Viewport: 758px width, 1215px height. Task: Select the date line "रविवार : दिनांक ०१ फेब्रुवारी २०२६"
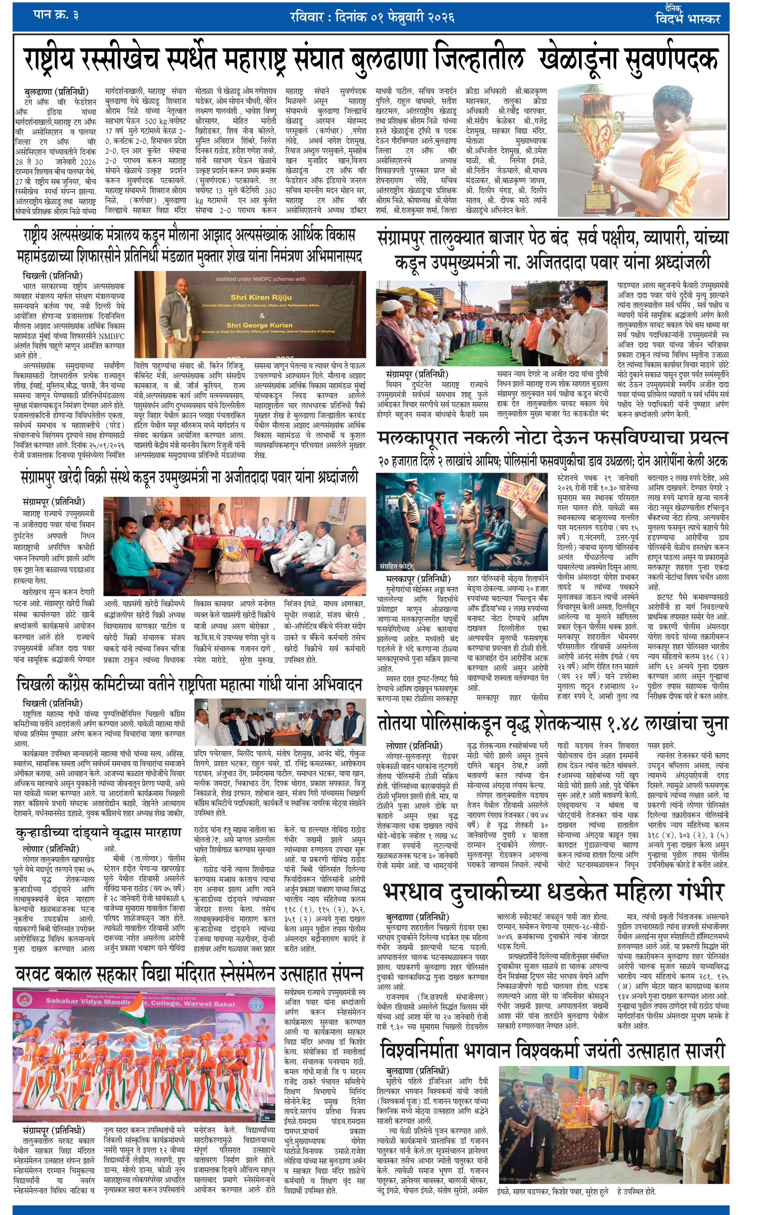(372, 18)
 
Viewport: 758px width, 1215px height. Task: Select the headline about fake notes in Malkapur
(552, 438)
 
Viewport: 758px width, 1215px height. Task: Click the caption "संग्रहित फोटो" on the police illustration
(396, 566)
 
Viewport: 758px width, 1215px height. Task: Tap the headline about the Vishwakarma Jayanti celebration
(552, 1049)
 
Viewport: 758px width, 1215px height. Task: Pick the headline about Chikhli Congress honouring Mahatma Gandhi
(189, 685)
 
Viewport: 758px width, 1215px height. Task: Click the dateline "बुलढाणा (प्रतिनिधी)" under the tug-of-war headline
(56, 92)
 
